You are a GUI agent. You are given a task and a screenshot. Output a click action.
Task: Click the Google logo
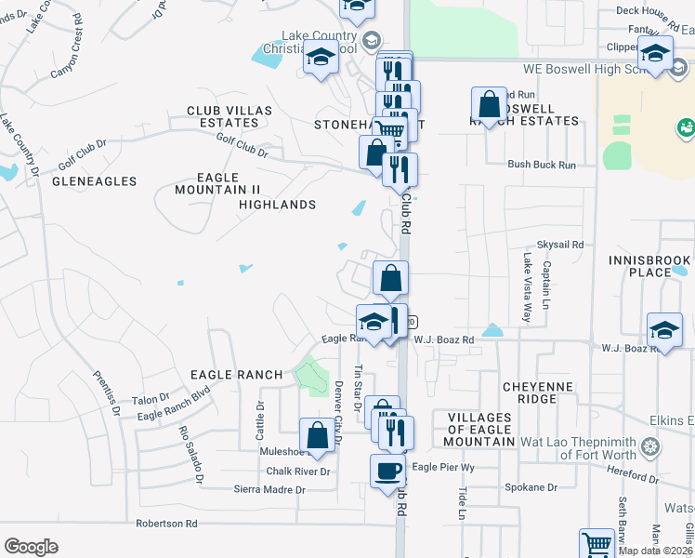click(x=31, y=547)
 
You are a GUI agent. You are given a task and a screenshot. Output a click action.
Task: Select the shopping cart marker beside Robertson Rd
click(x=597, y=543)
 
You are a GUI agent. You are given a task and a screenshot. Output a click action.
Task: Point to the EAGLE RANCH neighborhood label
click(x=236, y=375)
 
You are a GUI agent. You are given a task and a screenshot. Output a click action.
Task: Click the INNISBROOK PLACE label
click(x=649, y=266)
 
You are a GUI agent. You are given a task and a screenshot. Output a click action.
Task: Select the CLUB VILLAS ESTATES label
click(x=229, y=116)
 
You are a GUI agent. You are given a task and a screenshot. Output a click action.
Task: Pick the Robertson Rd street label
click(x=166, y=524)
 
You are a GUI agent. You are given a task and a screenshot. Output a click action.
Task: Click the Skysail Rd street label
click(x=565, y=245)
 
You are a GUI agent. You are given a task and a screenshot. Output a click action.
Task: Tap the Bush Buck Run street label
click(x=542, y=165)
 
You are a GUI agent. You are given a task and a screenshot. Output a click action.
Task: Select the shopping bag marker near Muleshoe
click(x=316, y=434)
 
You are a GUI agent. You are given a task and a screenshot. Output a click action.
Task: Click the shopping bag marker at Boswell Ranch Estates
click(x=489, y=103)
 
